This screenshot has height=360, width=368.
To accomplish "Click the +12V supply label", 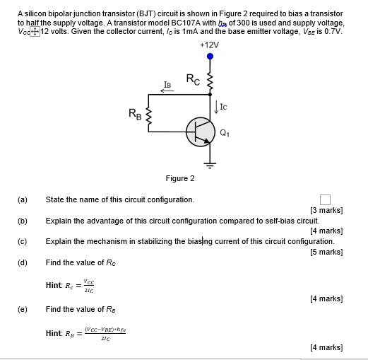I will pyautogui.click(x=210, y=45).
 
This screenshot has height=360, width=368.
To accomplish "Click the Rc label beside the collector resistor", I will pyautogui.click(x=193, y=79).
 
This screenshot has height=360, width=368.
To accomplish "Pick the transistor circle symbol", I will pyautogui.click(x=200, y=132).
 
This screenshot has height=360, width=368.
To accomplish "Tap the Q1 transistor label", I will pyautogui.click(x=225, y=132).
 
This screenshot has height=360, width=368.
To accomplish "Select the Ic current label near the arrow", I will pyautogui.click(x=223, y=108).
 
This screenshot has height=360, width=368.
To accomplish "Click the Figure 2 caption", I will pyautogui.click(x=180, y=178).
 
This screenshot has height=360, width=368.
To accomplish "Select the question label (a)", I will pyautogui.click(x=23, y=200).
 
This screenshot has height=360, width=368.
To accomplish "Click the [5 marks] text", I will pyautogui.click(x=326, y=252).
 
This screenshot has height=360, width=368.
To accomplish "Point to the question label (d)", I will pyautogui.click(x=23, y=262).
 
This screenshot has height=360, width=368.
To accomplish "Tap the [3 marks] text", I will pyautogui.click(x=326, y=210).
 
